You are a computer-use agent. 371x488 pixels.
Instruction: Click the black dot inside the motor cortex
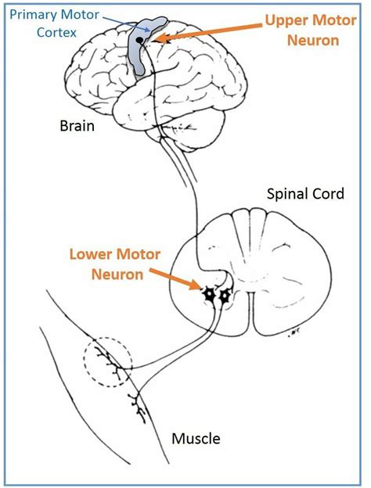point(140,39)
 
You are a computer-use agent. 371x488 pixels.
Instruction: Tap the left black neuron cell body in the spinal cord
point(210,295)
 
